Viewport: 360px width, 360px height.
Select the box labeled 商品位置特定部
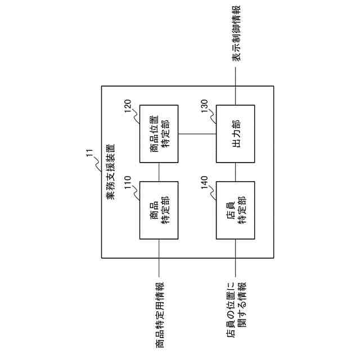point(159,134)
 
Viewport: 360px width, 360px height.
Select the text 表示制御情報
point(236,34)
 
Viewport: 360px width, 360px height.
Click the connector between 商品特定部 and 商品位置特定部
point(159,172)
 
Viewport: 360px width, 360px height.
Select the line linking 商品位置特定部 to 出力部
point(197,134)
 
